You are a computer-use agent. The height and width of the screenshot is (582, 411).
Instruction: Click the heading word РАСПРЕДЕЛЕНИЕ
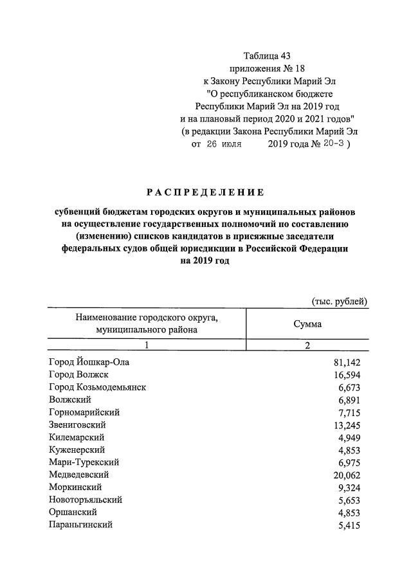(205, 192)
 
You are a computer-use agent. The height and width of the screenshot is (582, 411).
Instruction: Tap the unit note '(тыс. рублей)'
(340, 301)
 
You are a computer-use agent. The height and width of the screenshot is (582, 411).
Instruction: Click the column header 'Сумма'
(307, 324)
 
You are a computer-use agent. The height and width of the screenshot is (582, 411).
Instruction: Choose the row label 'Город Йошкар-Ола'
(89, 363)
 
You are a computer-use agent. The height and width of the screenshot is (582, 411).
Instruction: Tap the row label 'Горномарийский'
(84, 412)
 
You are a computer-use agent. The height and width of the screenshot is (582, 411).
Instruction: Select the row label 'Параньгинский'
(80, 525)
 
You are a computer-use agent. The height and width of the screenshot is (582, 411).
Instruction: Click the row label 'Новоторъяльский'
(86, 500)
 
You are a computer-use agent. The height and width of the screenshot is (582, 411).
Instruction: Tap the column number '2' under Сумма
(307, 346)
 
